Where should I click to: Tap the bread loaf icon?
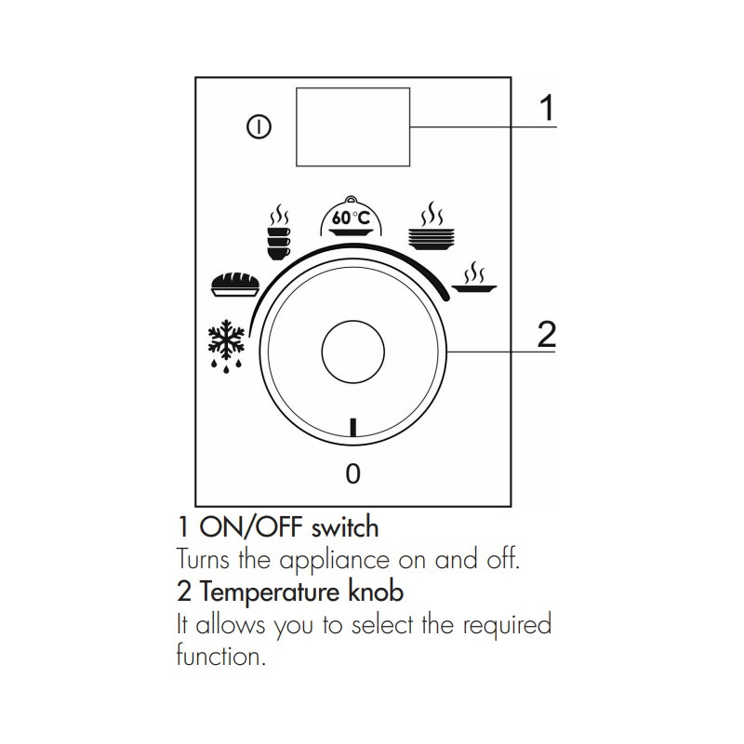coord(235,285)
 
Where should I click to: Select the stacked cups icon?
coord(279,232)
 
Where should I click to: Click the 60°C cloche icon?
coord(352,217)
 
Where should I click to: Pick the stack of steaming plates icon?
coord(432,226)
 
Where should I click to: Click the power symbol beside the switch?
coord(259,127)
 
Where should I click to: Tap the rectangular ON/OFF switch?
coord(353,126)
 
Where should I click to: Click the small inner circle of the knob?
coord(353,352)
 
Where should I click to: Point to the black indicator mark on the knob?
coord(352,427)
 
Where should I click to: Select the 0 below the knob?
coord(353,473)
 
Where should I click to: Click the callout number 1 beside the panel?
coord(547,108)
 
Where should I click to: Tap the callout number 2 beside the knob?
coord(547,335)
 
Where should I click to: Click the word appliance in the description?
coord(334,561)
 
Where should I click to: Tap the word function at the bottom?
coord(220,657)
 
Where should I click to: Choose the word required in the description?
coord(507,625)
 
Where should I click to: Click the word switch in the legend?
coord(345,527)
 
